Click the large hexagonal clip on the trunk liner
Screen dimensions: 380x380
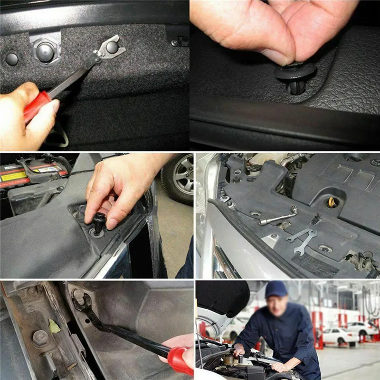[45, 50]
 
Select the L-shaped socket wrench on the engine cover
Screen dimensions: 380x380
[278, 217]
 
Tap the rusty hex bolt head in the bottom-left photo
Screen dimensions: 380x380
[40, 338]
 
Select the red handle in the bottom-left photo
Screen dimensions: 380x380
[180, 359]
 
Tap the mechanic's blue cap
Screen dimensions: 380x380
[276, 289]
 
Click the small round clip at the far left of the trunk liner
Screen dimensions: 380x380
[11, 59]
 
